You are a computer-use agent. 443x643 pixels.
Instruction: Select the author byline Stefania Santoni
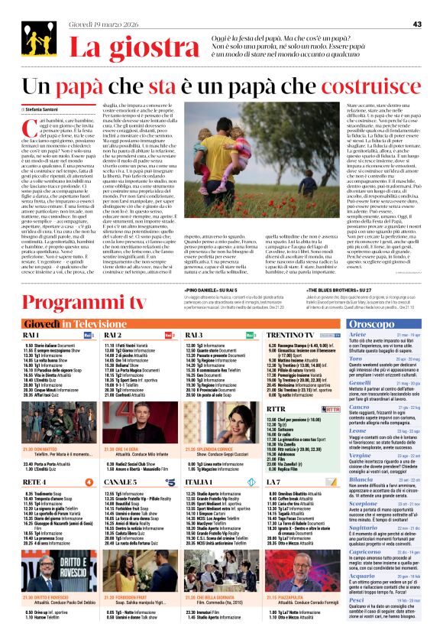47,110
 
